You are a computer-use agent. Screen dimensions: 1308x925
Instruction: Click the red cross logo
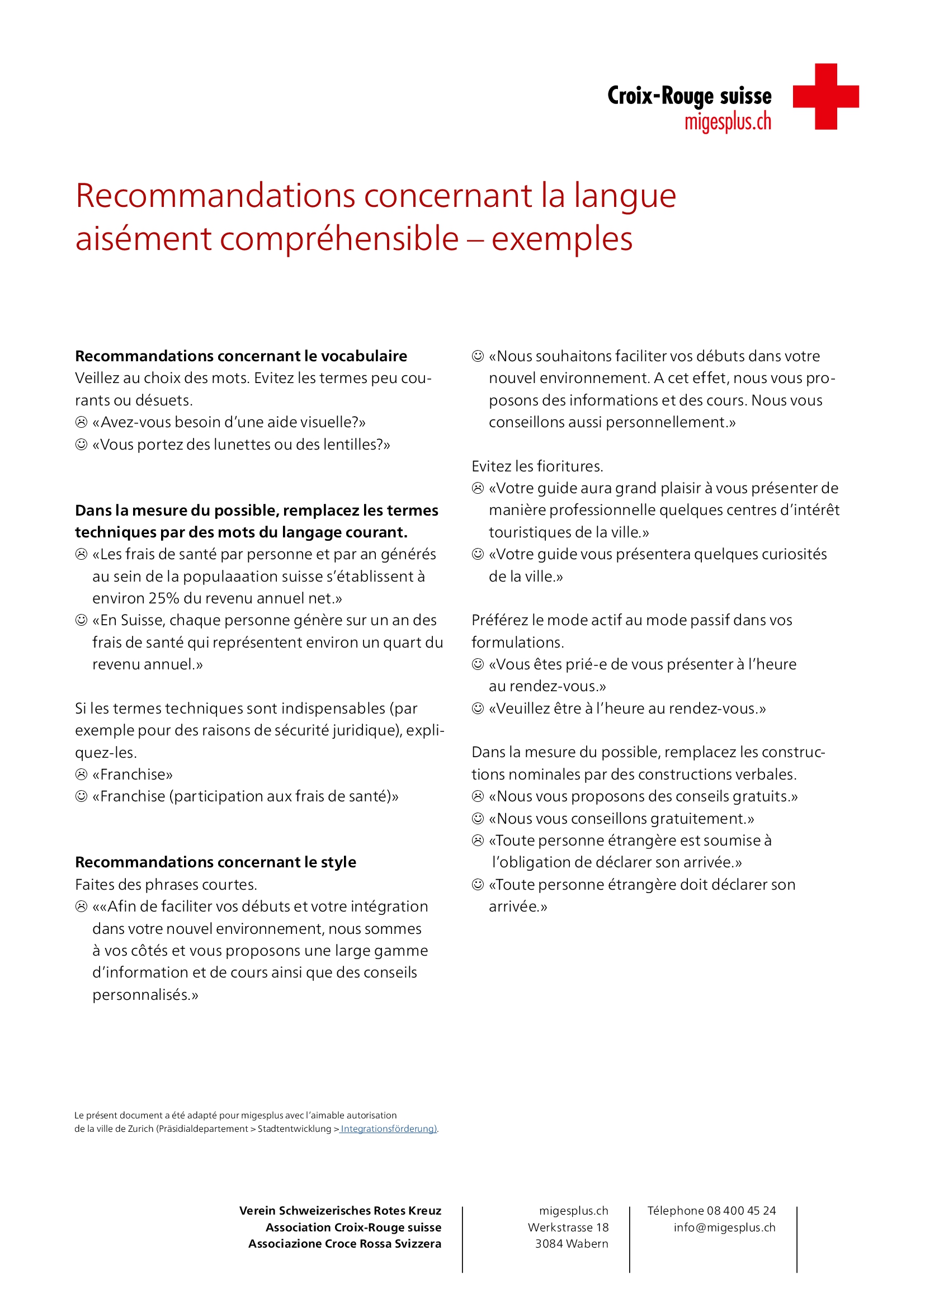[825, 96]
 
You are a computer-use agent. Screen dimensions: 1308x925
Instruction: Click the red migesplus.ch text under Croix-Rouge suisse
[728, 122]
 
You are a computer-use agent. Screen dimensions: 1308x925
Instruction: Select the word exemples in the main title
[561, 239]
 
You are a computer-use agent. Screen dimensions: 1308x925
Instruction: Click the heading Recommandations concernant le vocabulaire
[241, 356]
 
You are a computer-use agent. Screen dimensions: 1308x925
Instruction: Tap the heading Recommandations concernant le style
[215, 862]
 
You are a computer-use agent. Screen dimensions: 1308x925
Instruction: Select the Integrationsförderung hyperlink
[389, 1128]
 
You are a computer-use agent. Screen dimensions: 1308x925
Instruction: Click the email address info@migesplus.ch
[724, 1227]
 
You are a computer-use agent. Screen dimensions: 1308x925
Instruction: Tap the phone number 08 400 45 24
[741, 1211]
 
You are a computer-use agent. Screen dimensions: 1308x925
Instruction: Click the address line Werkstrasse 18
[568, 1227]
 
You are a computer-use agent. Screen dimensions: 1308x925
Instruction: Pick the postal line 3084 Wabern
[572, 1244]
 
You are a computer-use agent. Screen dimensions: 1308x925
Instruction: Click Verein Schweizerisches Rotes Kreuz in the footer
[340, 1211]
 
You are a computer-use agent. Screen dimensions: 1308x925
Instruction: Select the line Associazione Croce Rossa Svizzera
[344, 1244]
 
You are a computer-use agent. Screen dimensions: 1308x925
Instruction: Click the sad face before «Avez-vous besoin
[82, 422]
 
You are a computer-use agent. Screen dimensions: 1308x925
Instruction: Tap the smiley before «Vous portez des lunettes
[82, 445]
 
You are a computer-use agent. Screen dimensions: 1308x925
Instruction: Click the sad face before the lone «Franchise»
[82, 774]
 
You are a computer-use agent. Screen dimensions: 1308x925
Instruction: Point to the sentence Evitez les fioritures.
[537, 466]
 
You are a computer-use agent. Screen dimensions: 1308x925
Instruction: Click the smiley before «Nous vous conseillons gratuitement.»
[478, 819]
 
